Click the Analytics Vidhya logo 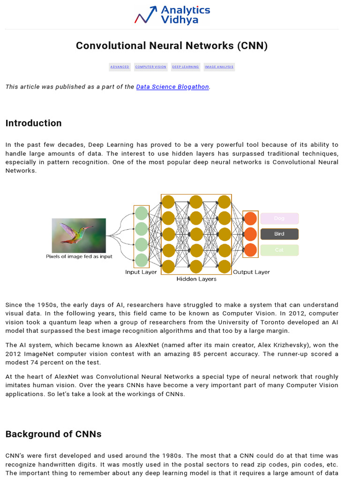[172, 15]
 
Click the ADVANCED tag [120, 67]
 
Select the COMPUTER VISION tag [150, 67]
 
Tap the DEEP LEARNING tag [185, 67]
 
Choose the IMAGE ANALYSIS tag [219, 67]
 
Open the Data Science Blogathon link [172, 87]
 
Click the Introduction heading [33, 123]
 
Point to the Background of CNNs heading [53, 434]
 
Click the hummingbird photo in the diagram [79, 235]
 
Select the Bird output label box [279, 234]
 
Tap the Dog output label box [279, 218]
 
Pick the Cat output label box [279, 250]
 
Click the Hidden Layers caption [196, 279]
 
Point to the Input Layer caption [141, 272]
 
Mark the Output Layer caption [251, 272]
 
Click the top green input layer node [141, 214]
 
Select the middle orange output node [251, 234]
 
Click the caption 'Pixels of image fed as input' [79, 257]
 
